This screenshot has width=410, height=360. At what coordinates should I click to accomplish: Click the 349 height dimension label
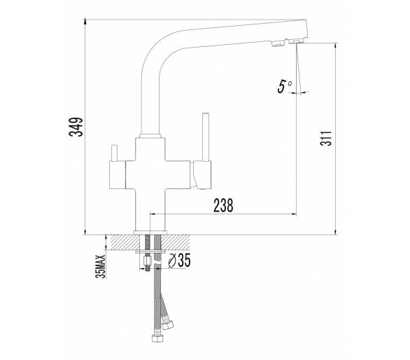point(76,127)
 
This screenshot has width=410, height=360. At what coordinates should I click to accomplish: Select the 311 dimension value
point(326,138)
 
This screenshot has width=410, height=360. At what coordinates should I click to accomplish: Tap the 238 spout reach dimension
point(223,205)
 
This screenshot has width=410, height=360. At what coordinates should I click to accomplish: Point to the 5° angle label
point(284,86)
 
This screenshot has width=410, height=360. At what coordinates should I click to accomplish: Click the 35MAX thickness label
point(101,266)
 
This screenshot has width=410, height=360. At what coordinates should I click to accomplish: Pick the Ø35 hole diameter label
point(180,261)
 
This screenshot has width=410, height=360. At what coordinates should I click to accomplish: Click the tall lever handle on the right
point(206,137)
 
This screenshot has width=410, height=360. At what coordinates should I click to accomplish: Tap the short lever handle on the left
point(114,153)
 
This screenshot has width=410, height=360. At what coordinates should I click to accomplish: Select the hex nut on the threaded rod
point(148,261)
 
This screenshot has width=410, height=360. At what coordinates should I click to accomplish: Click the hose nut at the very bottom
point(157,338)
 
